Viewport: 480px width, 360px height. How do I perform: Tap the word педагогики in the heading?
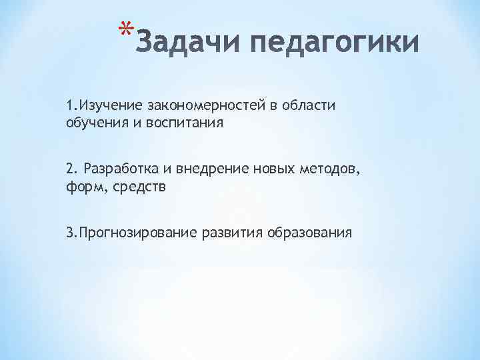(334, 44)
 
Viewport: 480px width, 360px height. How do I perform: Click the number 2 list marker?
(70, 169)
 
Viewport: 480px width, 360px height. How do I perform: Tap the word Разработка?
(116, 169)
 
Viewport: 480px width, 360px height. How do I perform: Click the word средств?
(136, 187)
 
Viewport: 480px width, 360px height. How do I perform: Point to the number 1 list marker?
(70, 105)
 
